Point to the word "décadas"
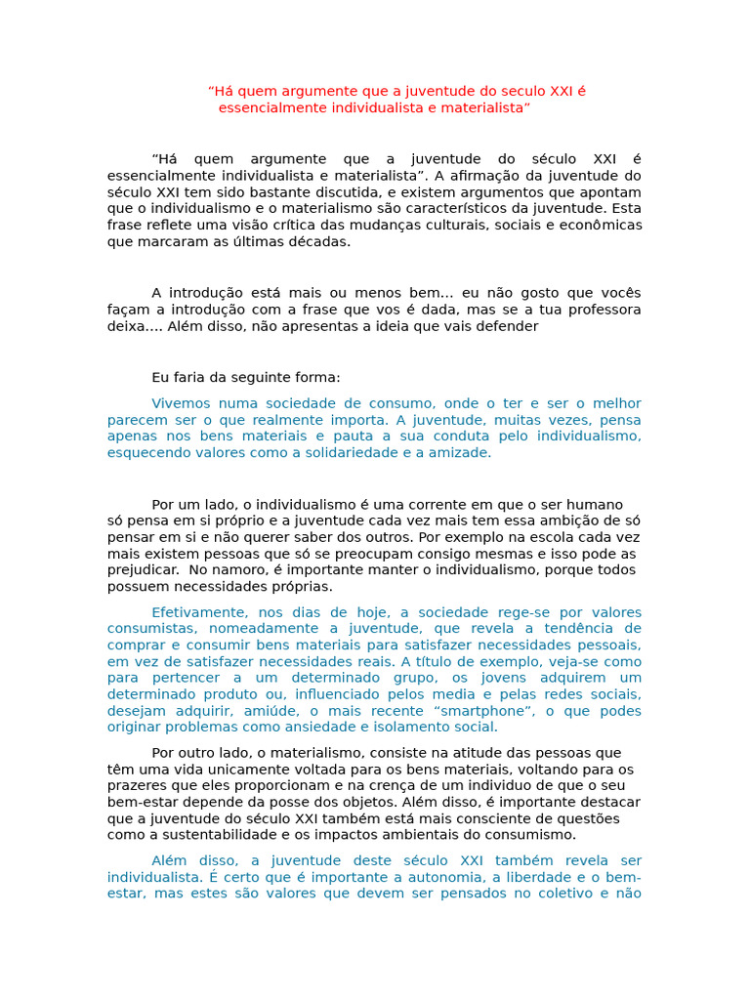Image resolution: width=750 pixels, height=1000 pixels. click(x=322, y=242)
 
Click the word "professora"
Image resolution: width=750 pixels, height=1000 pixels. click(x=602, y=310)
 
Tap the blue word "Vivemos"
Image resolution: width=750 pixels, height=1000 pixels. click(x=180, y=403)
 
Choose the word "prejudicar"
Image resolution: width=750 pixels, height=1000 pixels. click(x=143, y=570)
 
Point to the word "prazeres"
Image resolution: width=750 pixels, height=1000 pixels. click(x=136, y=786)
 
